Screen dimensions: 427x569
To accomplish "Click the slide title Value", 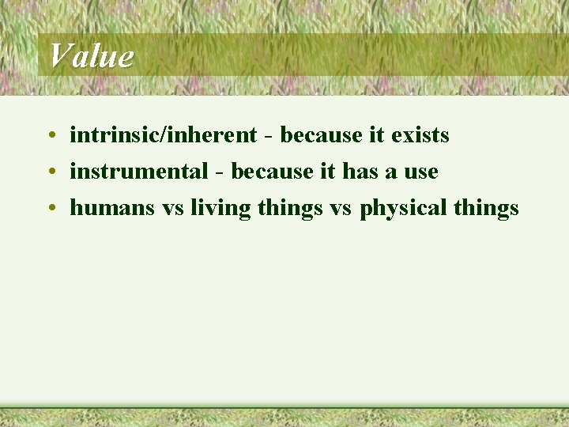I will click(91, 56).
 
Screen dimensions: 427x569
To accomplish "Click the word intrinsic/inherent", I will click(164, 135).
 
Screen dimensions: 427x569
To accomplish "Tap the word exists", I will click(420, 135).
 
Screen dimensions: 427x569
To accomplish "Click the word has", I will click(360, 172).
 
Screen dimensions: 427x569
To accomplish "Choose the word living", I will click(220, 209).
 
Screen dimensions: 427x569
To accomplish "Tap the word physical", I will click(404, 209).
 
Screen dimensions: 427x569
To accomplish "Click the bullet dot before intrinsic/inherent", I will click(50, 136).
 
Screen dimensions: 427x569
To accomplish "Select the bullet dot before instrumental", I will click(50, 172).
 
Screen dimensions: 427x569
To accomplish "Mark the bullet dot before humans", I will click(50, 209).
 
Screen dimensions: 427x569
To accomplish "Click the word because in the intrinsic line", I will click(321, 135).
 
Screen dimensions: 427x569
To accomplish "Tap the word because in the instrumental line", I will click(272, 172).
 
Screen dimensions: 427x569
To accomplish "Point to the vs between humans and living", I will click(173, 209).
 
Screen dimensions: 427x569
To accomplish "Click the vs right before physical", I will click(341, 209).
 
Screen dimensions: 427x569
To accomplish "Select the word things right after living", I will click(290, 209).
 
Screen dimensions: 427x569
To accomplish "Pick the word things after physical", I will click(486, 209).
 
